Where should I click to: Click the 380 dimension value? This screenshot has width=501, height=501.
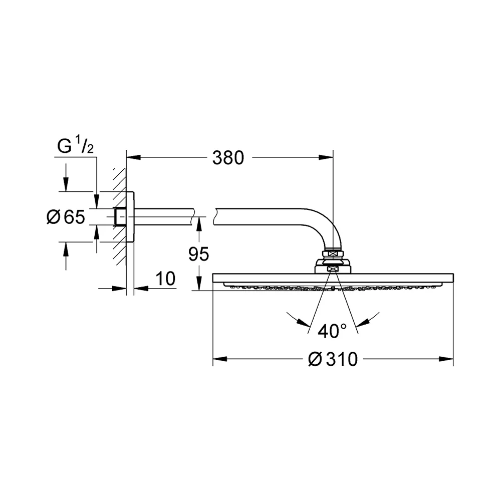[x=228, y=158]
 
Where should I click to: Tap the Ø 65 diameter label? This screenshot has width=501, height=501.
[x=66, y=217]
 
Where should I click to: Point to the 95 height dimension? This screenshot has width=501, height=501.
[x=198, y=255]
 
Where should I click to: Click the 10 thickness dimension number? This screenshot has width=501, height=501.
[x=165, y=279]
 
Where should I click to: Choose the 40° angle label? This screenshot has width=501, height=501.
[x=332, y=331]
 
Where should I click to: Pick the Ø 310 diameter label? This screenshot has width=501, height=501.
[x=333, y=359]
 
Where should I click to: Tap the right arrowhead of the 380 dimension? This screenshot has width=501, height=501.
[x=326, y=157]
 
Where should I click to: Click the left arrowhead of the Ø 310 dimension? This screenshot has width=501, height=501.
[x=220, y=359]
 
